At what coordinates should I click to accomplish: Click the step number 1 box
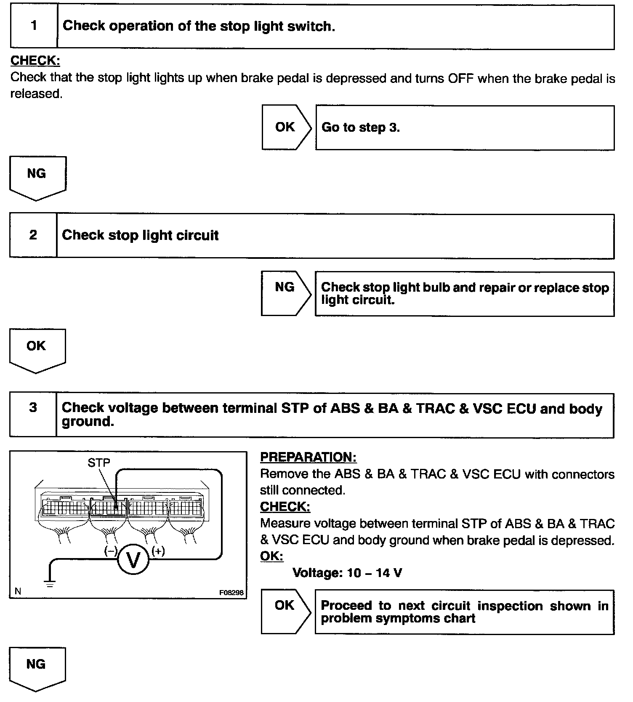34,26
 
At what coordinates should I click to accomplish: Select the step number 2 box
33,235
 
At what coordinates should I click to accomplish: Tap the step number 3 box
33,415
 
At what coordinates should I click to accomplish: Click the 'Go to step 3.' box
465,128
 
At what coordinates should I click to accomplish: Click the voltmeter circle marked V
133,559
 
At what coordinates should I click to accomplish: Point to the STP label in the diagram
99,463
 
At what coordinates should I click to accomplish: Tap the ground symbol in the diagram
50,583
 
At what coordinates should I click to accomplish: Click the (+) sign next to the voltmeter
158,550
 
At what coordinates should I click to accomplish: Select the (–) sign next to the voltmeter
111,550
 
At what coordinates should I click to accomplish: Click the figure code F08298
231,592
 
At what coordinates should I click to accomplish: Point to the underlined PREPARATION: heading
308,457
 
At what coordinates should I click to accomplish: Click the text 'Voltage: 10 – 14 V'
347,572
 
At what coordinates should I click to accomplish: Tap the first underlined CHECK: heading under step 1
35,61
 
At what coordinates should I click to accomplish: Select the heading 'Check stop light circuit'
140,235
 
